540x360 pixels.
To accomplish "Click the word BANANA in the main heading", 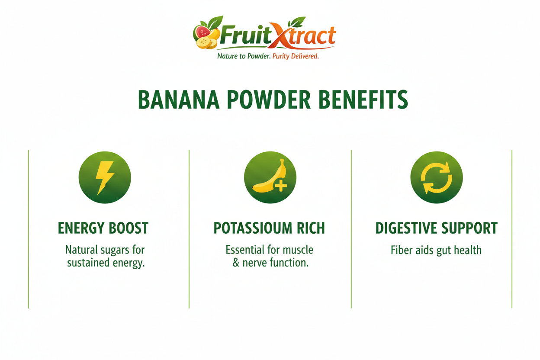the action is click(179, 100).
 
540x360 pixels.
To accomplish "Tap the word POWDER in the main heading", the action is click(269, 100).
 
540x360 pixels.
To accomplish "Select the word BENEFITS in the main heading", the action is click(363, 100).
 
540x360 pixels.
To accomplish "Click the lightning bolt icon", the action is click(104, 178).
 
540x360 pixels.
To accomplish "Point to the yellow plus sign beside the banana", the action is click(281, 186).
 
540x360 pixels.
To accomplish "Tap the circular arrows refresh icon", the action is click(436, 177).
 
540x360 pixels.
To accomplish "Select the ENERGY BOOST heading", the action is click(103, 228).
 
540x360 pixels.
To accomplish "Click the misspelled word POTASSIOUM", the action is click(253, 228).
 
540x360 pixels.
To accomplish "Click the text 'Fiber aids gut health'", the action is click(436, 250).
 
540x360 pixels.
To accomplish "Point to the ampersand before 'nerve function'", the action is click(236, 263).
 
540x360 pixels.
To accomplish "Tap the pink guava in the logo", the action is click(203, 32).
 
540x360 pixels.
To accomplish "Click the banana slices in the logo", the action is click(206, 43).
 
